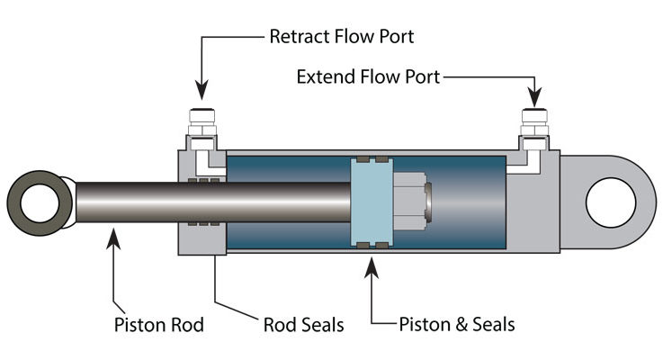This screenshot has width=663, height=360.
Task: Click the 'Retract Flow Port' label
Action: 343,37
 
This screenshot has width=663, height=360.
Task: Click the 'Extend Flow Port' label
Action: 369,77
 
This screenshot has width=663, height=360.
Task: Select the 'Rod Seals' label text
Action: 301,324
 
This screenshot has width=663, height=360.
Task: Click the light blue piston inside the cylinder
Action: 370,202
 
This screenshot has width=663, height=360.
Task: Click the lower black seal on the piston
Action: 370,244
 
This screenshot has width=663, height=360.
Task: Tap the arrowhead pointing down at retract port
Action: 202,91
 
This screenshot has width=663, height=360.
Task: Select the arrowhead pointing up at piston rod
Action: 114,236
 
